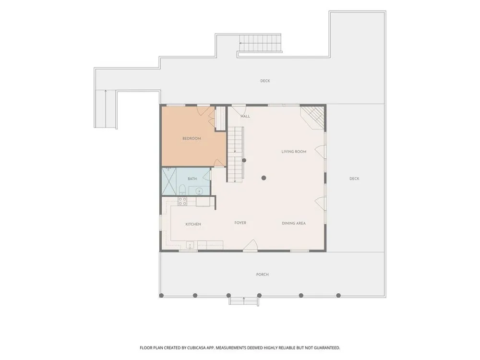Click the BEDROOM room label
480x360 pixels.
[x=192, y=138]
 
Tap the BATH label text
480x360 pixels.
[x=192, y=179]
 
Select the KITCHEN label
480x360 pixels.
[x=193, y=224]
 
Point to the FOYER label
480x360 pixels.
[x=240, y=223]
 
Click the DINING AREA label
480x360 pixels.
[x=294, y=223]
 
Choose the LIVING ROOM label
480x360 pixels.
[x=294, y=151]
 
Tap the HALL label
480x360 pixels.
[x=245, y=116]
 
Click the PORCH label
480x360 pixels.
[x=263, y=274]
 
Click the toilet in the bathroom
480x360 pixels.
[x=182, y=190]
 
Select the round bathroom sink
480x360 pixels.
[x=199, y=192]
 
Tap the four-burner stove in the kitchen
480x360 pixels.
[x=182, y=201]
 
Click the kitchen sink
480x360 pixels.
[x=190, y=245]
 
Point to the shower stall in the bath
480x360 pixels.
[x=169, y=181]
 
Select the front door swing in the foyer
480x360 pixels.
[x=251, y=245]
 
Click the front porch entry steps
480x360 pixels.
[x=244, y=301]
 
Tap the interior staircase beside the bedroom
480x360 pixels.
[x=235, y=155]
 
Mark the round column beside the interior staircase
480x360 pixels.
[x=244, y=160]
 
